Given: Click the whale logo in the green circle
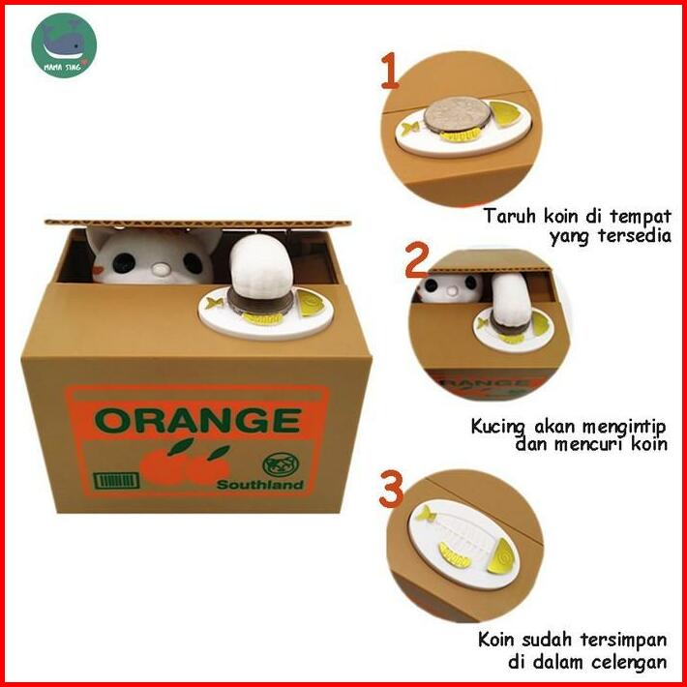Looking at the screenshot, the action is [x=64, y=45].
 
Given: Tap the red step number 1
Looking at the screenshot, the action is [x=390, y=71].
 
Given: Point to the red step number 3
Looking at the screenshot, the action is [x=391, y=489].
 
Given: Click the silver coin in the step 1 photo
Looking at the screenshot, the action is [x=457, y=115].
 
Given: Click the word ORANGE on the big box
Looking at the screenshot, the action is [x=197, y=420].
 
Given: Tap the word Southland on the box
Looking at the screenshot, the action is [x=260, y=484].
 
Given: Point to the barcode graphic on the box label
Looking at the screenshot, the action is [x=116, y=481].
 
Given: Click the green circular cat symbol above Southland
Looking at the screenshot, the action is [x=281, y=464].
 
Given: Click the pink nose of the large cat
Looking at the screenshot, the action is [x=161, y=268].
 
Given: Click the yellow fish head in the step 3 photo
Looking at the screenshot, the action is [x=502, y=556].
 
